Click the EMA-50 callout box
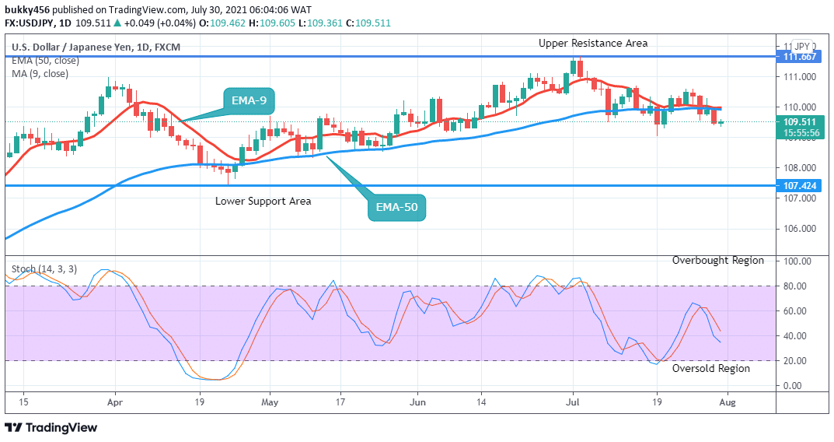point(397,207)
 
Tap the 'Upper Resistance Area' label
point(593,44)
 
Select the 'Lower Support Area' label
point(263,202)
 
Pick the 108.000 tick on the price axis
point(800,168)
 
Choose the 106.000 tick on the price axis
point(800,229)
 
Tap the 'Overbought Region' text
point(718,261)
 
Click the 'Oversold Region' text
point(711,369)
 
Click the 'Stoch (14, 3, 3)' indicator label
point(44,269)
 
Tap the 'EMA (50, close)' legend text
point(44,61)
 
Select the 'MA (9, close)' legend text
point(40,74)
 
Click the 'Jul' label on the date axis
point(574,402)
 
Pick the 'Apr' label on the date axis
point(115,402)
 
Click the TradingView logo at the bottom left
point(51,427)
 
